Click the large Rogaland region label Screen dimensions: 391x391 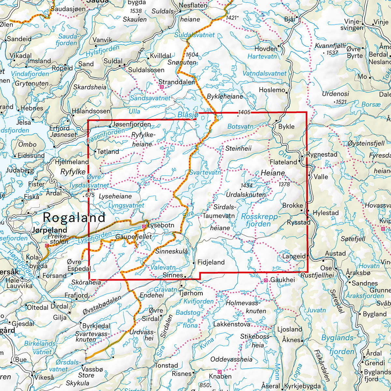[x=74, y=217]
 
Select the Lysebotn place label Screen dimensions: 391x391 [x=161, y=225]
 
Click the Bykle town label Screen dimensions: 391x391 [x=286, y=126]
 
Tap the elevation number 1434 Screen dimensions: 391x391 [x=247, y=186]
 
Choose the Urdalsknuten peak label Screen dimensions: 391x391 [x=246, y=195]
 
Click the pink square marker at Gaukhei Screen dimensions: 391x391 [x=266, y=280]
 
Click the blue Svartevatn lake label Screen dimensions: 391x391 [x=205, y=172]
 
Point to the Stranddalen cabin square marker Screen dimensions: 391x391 [x=162, y=87]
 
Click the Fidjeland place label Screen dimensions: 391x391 [x=211, y=262]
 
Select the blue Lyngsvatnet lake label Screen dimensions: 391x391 [x=126, y=206]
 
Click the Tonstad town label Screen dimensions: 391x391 [x=166, y=365]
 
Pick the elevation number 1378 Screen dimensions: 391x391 [x=284, y=184]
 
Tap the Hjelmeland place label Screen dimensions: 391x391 [x=72, y=162]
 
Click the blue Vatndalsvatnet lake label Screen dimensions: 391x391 [x=265, y=73]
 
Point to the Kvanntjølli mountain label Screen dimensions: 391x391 [x=330, y=46]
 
